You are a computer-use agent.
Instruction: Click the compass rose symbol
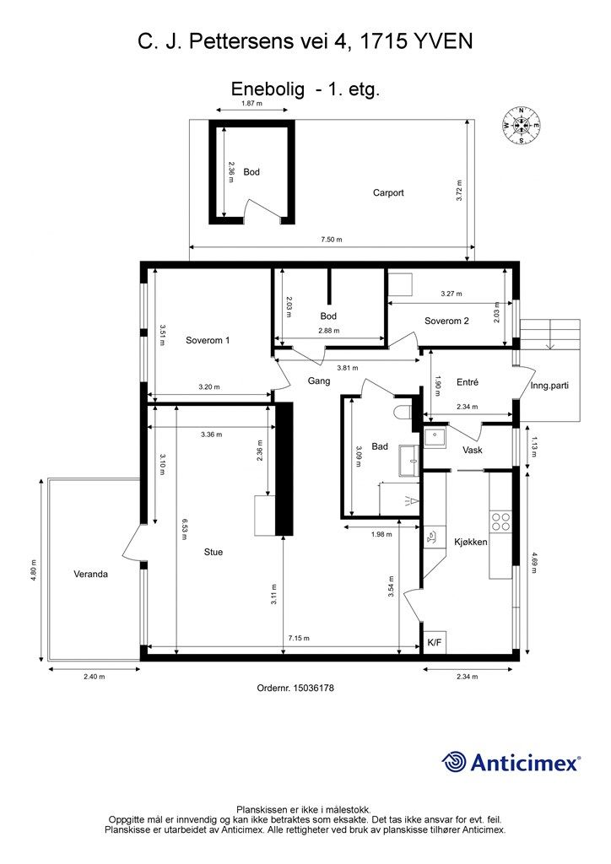click(521, 126)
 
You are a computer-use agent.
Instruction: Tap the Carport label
click(388, 193)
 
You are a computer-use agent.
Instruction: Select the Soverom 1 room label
click(208, 340)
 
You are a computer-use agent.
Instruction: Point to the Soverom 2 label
click(446, 321)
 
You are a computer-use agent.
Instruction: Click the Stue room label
click(214, 552)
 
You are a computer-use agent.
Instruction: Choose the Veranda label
click(90, 574)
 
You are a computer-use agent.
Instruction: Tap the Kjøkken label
click(471, 542)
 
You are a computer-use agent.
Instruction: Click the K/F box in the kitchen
click(435, 642)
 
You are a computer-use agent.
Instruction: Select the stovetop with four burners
click(500, 521)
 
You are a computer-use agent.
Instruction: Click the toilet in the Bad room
click(403, 412)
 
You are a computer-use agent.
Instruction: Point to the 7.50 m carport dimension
click(332, 239)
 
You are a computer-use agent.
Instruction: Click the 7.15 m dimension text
click(299, 638)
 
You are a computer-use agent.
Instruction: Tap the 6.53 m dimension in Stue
click(186, 530)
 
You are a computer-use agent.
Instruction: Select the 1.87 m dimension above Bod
click(251, 103)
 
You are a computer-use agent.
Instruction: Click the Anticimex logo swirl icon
click(454, 762)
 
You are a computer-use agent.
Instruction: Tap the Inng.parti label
click(549, 385)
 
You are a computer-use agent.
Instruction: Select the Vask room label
click(472, 450)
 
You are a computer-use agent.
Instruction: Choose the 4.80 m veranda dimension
click(34, 571)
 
